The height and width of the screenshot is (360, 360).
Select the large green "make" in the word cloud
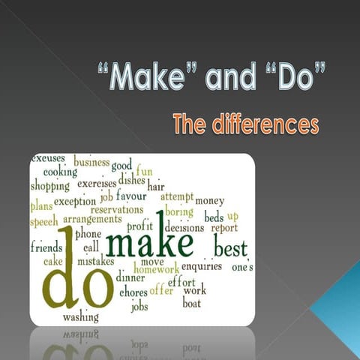tap(150, 243)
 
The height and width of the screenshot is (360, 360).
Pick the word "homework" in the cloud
tap(156, 269)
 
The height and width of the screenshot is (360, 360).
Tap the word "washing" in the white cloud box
tap(80, 317)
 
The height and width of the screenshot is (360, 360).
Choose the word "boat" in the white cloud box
tap(192, 303)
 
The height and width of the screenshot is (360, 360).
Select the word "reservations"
tap(117, 210)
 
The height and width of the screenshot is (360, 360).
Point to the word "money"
tap(209, 201)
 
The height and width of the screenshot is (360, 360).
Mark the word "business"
tap(91, 163)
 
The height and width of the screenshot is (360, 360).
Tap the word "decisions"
tap(184, 227)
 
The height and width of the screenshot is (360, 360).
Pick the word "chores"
tap(133, 292)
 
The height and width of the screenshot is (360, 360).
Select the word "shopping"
tap(50, 186)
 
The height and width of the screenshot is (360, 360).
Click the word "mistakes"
tap(95, 262)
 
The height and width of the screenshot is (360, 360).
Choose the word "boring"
tap(178, 212)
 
